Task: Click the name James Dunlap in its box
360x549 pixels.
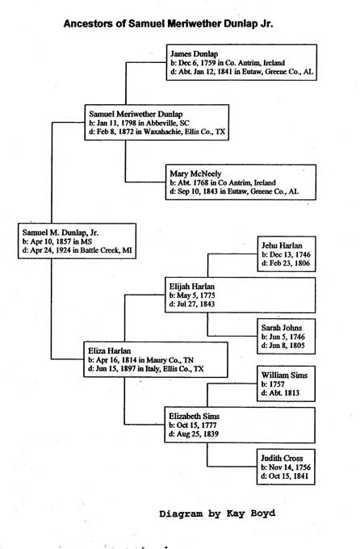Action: pyautogui.click(x=194, y=54)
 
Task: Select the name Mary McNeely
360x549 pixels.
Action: pyautogui.click(x=195, y=174)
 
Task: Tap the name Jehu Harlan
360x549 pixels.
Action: pyautogui.click(x=282, y=245)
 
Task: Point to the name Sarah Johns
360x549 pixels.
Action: pyautogui.click(x=282, y=328)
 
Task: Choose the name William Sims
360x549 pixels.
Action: pyautogui.click(x=284, y=375)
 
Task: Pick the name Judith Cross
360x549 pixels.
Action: pyautogui.click(x=282, y=458)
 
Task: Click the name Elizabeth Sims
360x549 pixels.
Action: pyautogui.click(x=194, y=417)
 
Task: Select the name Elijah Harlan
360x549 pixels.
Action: pyautogui.click(x=192, y=287)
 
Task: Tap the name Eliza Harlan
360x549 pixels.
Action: pyautogui.click(x=109, y=351)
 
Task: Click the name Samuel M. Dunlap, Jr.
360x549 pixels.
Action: pyautogui.click(x=61, y=233)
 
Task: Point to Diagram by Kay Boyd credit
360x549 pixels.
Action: pyautogui.click(x=217, y=513)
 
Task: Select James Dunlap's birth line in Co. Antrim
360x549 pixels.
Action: pyautogui.click(x=228, y=63)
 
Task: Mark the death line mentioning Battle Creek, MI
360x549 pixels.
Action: pyautogui.click(x=77, y=250)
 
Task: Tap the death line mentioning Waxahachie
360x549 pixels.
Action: pyautogui.click(x=157, y=132)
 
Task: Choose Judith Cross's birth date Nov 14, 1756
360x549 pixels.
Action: pyautogui.click(x=286, y=467)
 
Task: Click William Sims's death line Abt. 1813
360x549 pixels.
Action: pyautogui.click(x=280, y=393)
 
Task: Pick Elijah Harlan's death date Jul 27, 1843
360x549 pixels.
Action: pyautogui.click(x=192, y=304)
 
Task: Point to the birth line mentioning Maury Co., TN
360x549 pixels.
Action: pyautogui.click(x=140, y=360)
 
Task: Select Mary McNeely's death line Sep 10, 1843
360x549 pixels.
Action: pyautogui.click(x=234, y=191)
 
